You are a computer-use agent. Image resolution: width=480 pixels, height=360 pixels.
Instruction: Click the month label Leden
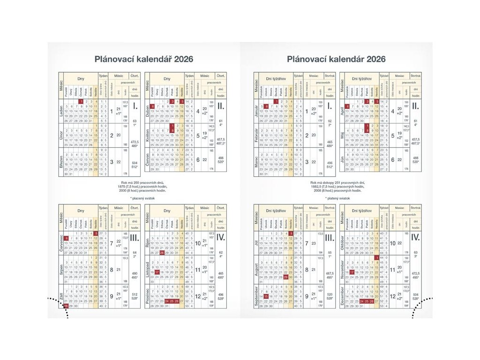(x=61, y=111)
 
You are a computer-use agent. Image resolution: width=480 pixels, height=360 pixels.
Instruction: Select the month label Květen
(x=148, y=136)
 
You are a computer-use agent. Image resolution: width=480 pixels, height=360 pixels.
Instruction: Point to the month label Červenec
(x=61, y=243)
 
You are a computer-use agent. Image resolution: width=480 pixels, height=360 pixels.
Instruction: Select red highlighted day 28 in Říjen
(x=162, y=252)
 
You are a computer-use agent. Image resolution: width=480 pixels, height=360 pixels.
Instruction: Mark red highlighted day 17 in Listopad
(x=157, y=272)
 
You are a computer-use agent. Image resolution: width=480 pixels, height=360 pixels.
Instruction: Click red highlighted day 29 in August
(x=286, y=277)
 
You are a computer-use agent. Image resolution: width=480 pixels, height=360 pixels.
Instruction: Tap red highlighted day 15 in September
(x=266, y=296)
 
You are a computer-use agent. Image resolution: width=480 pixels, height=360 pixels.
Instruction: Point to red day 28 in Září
(x=66, y=306)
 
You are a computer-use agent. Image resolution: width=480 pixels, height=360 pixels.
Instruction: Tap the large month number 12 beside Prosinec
(x=198, y=296)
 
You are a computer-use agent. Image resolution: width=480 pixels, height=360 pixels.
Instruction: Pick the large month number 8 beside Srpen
(x=112, y=270)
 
